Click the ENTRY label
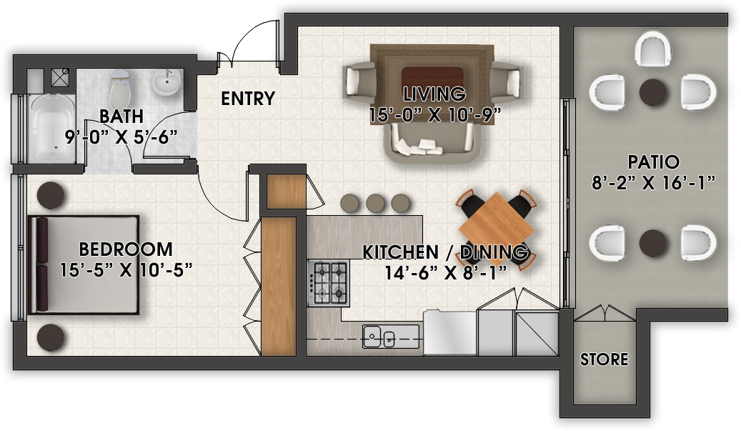248,99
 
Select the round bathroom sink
167,84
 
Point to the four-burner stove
328,282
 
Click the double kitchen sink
381,335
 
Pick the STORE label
604,359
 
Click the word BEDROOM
126,249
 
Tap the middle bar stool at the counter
375,202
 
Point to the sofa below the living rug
435,147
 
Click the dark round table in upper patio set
652,92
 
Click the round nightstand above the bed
51,195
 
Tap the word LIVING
434,94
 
